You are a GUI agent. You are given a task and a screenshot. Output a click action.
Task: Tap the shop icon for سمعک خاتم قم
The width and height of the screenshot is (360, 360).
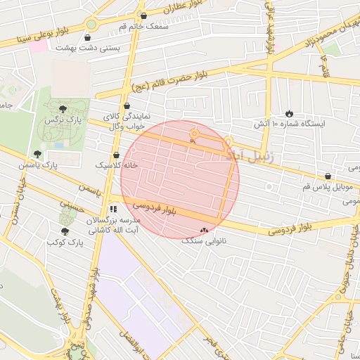click(x=144, y=15)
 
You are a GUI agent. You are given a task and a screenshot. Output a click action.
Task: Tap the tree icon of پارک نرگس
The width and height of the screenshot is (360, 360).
click(x=63, y=109)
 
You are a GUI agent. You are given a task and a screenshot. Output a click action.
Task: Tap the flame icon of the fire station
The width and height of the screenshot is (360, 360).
click(x=289, y=113)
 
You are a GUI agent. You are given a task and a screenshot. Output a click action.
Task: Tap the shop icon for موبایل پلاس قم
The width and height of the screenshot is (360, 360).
click(x=328, y=176)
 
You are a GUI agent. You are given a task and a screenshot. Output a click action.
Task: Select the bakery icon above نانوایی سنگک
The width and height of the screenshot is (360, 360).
click(x=205, y=230)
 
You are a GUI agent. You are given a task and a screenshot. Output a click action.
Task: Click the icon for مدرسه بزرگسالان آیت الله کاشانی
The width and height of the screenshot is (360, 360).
click(x=113, y=209)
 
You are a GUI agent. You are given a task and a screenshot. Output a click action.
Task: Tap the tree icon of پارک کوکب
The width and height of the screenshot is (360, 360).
click(x=65, y=231)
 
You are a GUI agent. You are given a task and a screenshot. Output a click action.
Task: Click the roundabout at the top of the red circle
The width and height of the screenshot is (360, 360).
click(x=194, y=132)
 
